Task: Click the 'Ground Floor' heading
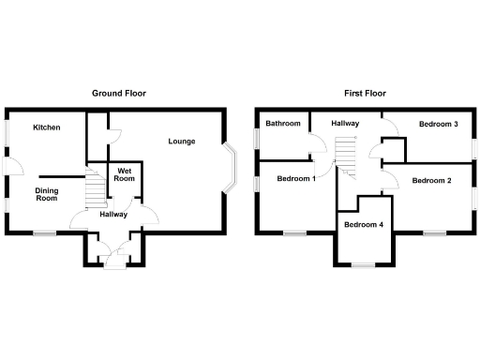118,94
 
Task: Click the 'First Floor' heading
364,94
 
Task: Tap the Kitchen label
47,127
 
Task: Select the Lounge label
181,142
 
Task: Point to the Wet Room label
125,175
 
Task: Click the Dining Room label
47,195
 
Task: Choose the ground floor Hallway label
113,215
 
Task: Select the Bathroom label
282,124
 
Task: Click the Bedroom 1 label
296,178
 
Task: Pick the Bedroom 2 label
431,180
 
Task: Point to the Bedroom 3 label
438,124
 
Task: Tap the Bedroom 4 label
363,225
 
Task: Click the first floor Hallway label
345,124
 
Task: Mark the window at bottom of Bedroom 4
362,266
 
